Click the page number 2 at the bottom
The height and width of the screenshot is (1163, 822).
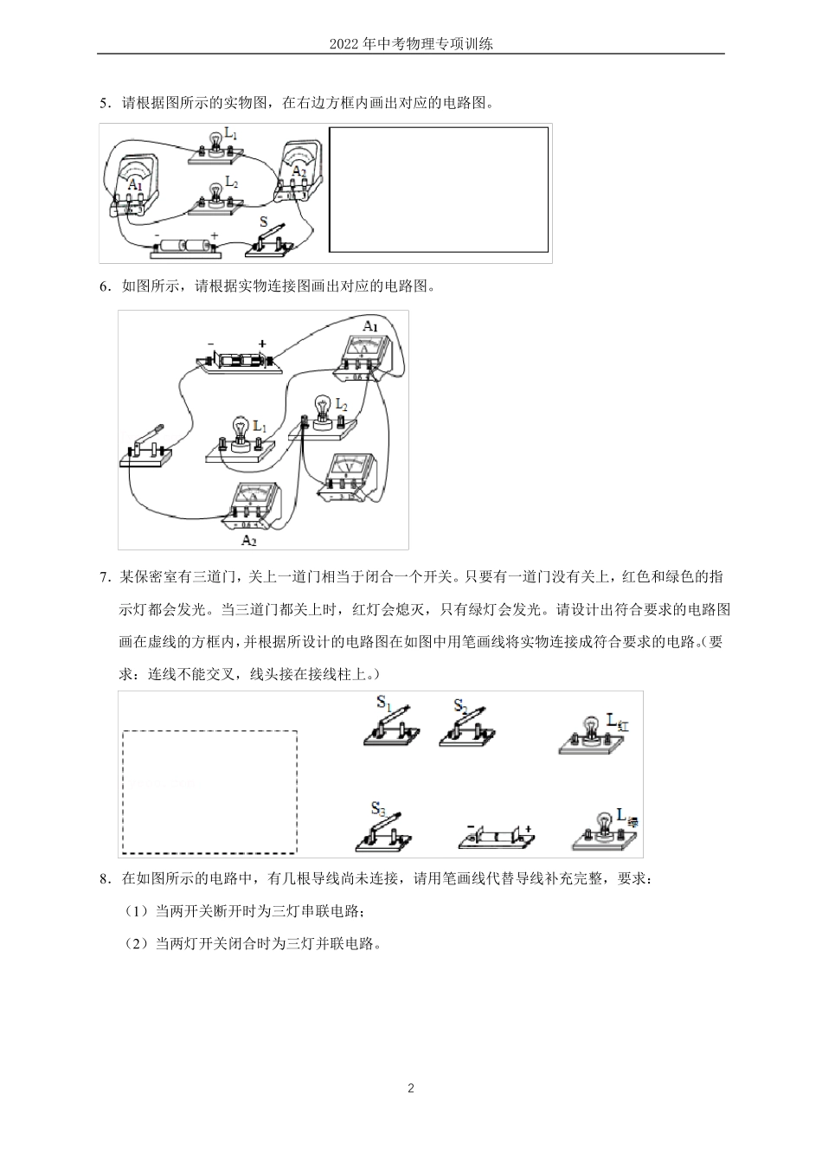point(411,1088)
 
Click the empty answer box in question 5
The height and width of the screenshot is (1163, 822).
point(439,190)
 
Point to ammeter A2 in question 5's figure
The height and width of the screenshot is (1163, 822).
point(298,169)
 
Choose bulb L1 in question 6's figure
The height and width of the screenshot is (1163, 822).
point(241,436)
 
